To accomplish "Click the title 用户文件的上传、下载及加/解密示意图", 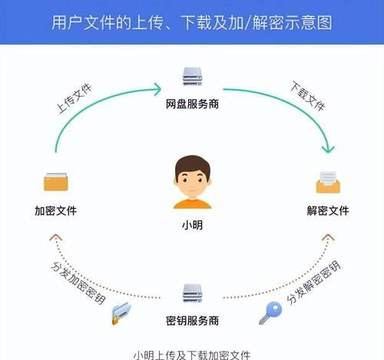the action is pyautogui.click(x=192, y=22).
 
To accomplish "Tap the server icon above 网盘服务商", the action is pyautogui.click(x=192, y=77).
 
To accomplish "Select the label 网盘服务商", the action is pyautogui.click(x=192, y=104).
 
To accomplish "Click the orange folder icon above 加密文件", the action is pyautogui.click(x=56, y=182).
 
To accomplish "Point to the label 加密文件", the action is pyautogui.click(x=56, y=211).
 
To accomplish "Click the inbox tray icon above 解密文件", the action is pyautogui.click(x=328, y=183).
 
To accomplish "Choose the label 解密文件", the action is pyautogui.click(x=328, y=211).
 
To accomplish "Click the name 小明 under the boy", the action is pyautogui.click(x=192, y=225).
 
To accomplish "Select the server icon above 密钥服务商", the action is pyautogui.click(x=192, y=293).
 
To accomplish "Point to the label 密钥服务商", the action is pyautogui.click(x=192, y=321).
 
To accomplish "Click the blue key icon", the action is pyautogui.click(x=270, y=312).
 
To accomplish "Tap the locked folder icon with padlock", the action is pyautogui.click(x=121, y=313).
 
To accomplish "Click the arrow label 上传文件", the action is pyautogui.click(x=74, y=98).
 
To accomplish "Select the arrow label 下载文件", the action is pyautogui.click(x=308, y=96).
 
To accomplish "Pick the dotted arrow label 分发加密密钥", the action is pyautogui.click(x=78, y=283).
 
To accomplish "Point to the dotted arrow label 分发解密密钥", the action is pyautogui.click(x=313, y=282).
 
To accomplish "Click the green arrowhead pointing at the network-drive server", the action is pyautogui.click(x=157, y=89).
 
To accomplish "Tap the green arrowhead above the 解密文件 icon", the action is pyautogui.click(x=328, y=150).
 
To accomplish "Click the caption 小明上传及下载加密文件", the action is pyautogui.click(x=192, y=355).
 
